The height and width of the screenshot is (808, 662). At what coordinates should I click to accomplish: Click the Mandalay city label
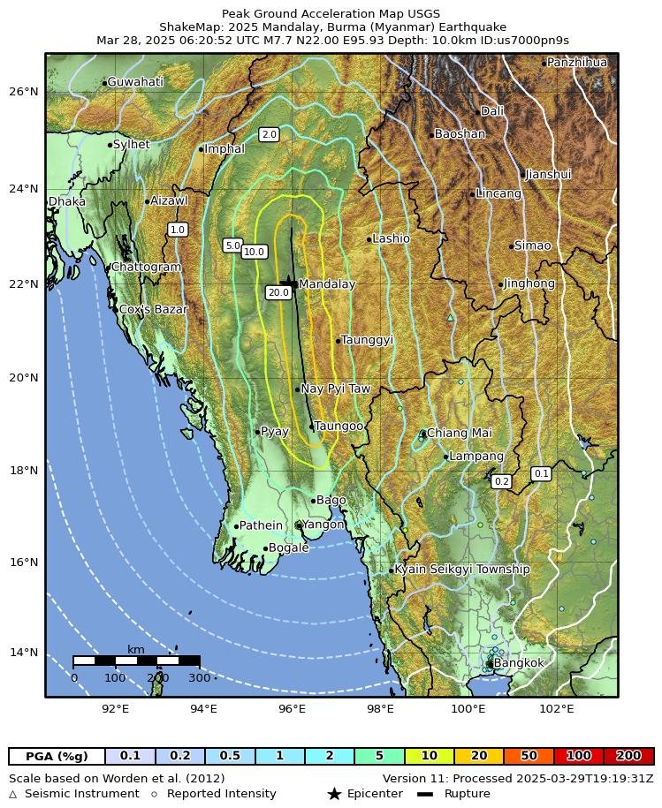tap(326, 284)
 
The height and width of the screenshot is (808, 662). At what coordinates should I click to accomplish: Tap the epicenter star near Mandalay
tap(285, 281)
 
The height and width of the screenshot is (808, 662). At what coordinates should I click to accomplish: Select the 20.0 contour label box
tap(278, 292)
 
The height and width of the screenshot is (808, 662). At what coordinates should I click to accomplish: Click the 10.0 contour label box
tap(254, 252)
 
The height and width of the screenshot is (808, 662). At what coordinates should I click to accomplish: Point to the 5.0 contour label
tap(232, 245)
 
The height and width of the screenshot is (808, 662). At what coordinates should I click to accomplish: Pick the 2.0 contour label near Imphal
tap(270, 134)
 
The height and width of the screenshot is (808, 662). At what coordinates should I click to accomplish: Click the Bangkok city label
tap(519, 662)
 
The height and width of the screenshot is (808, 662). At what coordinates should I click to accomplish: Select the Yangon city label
tap(323, 525)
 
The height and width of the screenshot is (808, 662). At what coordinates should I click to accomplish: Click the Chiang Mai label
tap(459, 433)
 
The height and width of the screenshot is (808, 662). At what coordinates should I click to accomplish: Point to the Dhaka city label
tap(67, 201)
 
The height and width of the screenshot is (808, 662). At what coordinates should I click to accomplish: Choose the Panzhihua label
tap(576, 63)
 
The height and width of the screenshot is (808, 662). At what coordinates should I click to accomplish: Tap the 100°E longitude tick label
tap(469, 707)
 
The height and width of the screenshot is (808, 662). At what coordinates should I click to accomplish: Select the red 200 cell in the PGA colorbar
tap(628, 756)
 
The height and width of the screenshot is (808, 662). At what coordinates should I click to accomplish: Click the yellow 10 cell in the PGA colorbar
tap(429, 756)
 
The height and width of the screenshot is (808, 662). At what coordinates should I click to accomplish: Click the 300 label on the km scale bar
tap(200, 677)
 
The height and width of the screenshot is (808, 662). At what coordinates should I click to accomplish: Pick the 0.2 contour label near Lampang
tap(502, 481)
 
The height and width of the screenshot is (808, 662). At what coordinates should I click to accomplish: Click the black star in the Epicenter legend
tap(334, 794)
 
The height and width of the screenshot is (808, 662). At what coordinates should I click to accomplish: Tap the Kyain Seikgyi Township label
tap(461, 570)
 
